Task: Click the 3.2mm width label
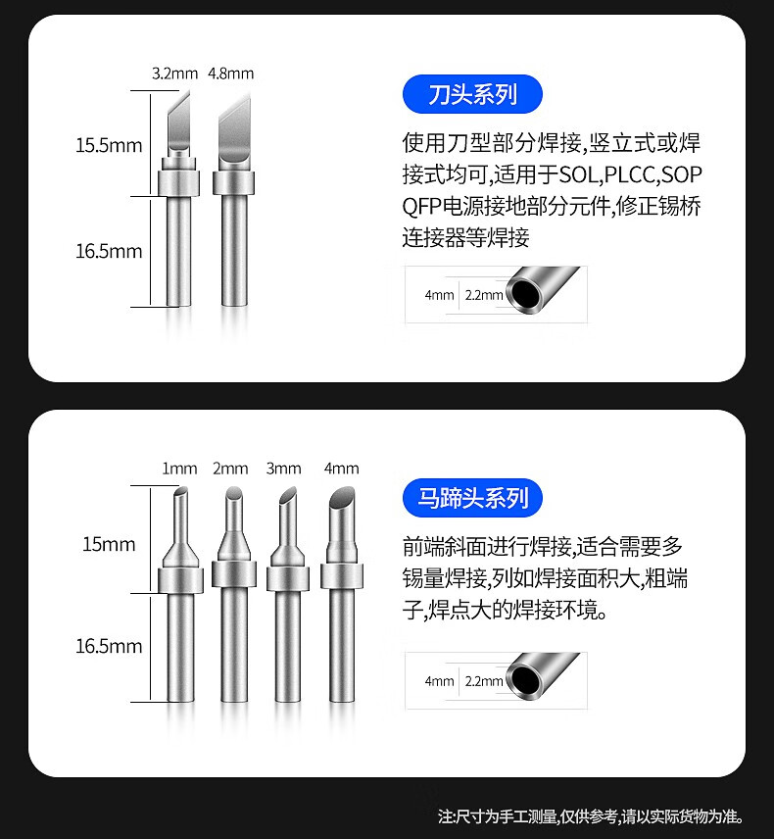click(x=174, y=74)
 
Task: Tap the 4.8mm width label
click(x=231, y=74)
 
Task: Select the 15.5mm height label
click(x=109, y=145)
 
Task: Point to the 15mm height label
click(x=109, y=544)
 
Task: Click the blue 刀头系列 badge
click(x=472, y=94)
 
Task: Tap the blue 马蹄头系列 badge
click(x=472, y=498)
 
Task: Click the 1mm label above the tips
click(x=179, y=469)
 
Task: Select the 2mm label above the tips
click(x=230, y=469)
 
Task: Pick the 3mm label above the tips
click(x=283, y=469)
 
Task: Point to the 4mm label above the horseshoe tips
click(x=341, y=469)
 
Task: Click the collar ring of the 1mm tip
click(x=180, y=580)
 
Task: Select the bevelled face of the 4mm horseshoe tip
click(x=341, y=498)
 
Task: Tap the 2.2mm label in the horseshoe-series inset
click(x=484, y=681)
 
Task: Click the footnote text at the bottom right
click(x=591, y=816)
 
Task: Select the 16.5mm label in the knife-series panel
click(x=109, y=251)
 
